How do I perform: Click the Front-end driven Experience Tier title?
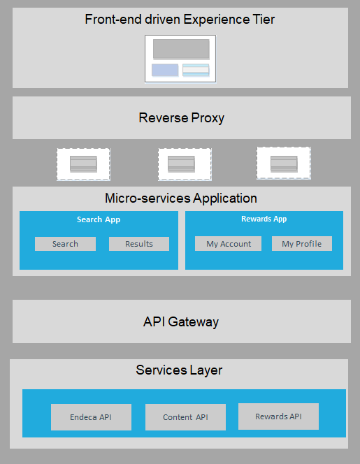pyautogui.click(x=180, y=20)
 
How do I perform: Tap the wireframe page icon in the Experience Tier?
pyautogui.click(x=180, y=58)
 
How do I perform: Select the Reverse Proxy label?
pyautogui.click(x=182, y=117)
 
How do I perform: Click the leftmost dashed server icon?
pyautogui.click(x=83, y=164)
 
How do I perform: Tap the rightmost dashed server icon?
pyautogui.click(x=283, y=164)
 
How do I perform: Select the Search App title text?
pyautogui.click(x=99, y=219)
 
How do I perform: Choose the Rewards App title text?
pyautogui.click(x=264, y=219)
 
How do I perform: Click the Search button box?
pyautogui.click(x=65, y=244)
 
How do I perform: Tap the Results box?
pyautogui.click(x=139, y=244)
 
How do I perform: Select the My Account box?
pyautogui.click(x=228, y=244)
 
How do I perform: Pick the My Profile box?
pyautogui.click(x=302, y=244)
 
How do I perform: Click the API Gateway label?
pyautogui.click(x=181, y=322)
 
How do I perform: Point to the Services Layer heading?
pyautogui.click(x=179, y=370)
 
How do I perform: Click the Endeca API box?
pyautogui.click(x=91, y=417)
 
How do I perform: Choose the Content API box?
pyautogui.click(x=185, y=417)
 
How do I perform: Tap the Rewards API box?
pyautogui.click(x=278, y=416)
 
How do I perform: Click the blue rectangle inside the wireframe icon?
pyautogui.click(x=165, y=70)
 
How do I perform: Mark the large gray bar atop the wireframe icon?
pyautogui.click(x=181, y=49)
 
